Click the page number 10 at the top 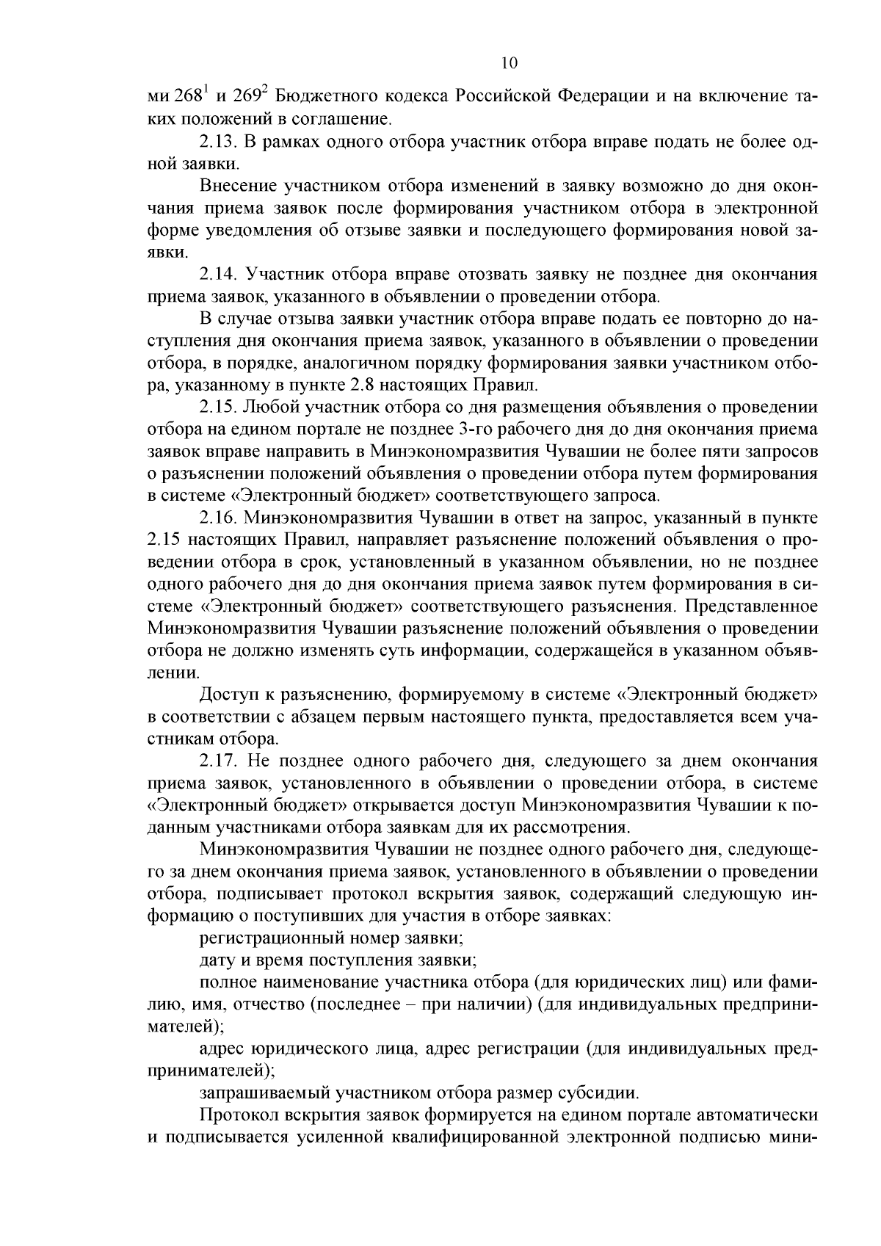click(510, 63)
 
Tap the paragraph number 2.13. click(219, 141)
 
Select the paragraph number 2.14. click(219, 275)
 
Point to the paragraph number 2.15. click(219, 408)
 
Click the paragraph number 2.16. click(219, 518)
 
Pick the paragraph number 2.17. click(219, 761)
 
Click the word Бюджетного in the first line click(323, 97)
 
